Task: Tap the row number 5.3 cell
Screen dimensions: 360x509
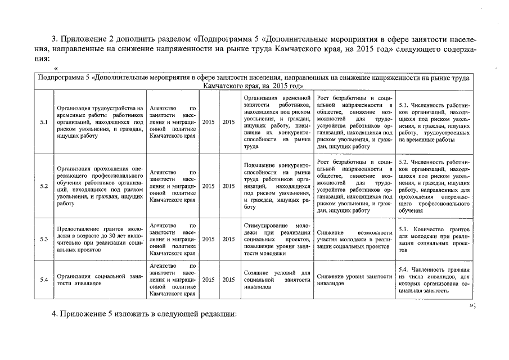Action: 44,239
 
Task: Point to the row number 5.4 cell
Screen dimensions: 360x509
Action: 44,280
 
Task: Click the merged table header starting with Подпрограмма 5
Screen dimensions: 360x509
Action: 254,82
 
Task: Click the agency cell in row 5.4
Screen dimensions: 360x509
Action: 173,280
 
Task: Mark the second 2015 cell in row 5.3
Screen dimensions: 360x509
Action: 228,239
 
